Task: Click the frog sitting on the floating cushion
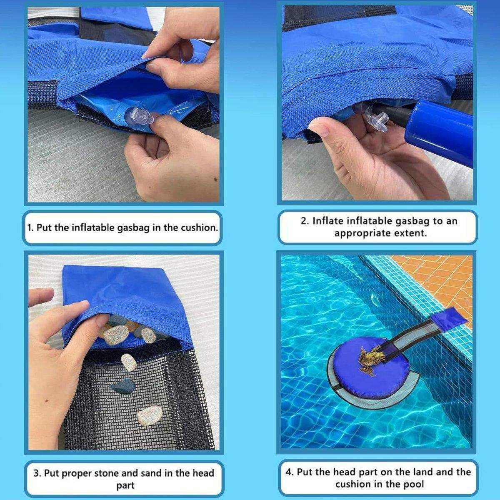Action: click(370, 359)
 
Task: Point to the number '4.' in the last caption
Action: click(290, 472)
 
